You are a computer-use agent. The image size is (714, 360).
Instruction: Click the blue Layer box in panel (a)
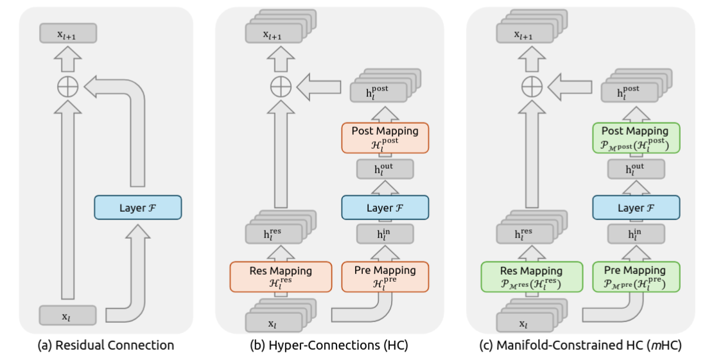(138, 207)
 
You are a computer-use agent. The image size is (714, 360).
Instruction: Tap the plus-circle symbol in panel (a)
(68, 87)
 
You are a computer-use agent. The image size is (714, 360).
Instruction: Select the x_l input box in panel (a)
(68, 315)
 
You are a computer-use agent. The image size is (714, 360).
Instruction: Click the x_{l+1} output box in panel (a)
(68, 33)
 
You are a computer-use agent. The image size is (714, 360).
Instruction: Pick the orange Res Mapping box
(281, 277)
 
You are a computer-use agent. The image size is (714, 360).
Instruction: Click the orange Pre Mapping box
(385, 277)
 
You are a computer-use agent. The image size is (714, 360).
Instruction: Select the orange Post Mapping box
(385, 138)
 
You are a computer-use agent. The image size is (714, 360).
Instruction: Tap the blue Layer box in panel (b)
(385, 207)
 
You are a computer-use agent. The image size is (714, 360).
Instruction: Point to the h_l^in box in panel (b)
(385, 234)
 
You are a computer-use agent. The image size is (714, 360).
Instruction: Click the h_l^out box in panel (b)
(385, 169)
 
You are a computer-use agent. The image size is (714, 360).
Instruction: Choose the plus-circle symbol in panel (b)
(281, 87)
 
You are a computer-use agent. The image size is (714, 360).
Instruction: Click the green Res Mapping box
(532, 277)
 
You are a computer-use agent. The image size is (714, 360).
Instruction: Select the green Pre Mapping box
(636, 277)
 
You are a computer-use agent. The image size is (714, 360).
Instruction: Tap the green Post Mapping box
(636, 138)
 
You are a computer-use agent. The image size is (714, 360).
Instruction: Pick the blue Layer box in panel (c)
(636, 207)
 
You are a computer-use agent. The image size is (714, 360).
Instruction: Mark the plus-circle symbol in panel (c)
(532, 87)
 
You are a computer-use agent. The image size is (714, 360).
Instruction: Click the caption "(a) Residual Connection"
(106, 345)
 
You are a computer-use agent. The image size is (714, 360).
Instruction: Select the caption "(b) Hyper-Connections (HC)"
(329, 345)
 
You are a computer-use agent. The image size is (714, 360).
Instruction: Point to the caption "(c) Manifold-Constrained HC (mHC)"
(580, 345)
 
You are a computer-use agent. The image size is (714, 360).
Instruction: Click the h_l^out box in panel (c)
(636, 169)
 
